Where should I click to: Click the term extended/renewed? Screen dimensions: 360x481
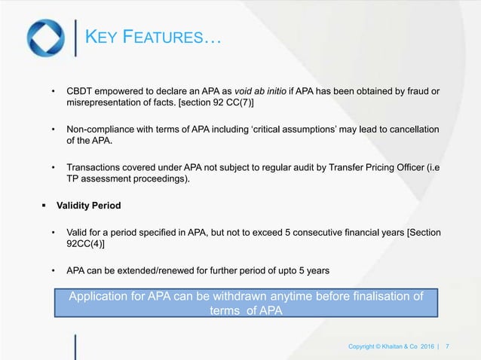pos(151,269)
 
